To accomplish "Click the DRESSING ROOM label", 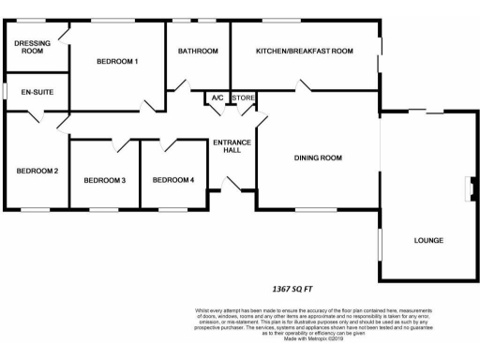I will (32, 46).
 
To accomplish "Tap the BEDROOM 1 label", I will (117, 62).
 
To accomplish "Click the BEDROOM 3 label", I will (104, 180).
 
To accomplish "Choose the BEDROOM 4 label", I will (173, 180).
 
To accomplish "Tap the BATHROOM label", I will (198, 51).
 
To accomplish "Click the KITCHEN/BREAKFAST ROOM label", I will (305, 51).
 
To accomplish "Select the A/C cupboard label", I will (217, 97).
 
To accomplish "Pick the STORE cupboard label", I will (243, 97).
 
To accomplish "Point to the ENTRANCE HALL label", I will (231, 147).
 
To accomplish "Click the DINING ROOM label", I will (318, 158).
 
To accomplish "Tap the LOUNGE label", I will (428, 241).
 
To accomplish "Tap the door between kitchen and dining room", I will (305, 87).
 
